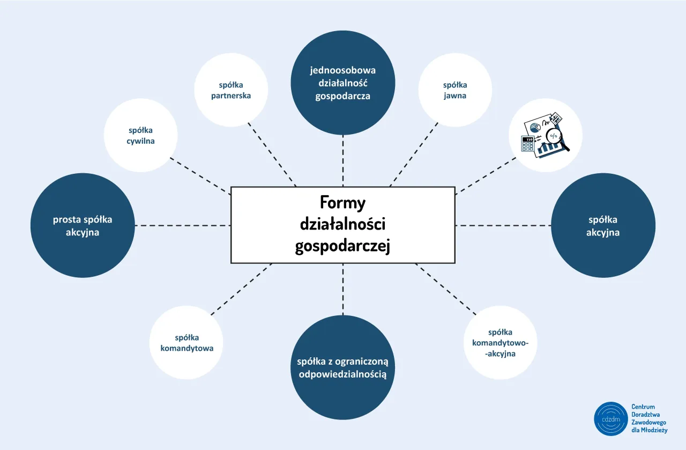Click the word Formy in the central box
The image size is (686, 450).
[342, 203]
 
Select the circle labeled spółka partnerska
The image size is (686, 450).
[231, 90]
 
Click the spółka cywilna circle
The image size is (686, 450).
[140, 135]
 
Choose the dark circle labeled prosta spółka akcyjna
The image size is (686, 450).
[83, 225]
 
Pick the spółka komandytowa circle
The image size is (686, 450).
[187, 342]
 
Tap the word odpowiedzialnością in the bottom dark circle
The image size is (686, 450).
[342, 374]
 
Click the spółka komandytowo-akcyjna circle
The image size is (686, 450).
[500, 342]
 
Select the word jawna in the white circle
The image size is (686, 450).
[455, 95]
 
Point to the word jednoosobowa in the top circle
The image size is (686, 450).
[342, 70]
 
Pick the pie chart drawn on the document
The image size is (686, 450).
[534, 128]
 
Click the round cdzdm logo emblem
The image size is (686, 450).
[610, 419]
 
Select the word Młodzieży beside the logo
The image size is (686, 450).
[654, 430]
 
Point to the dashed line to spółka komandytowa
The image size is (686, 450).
[241, 289]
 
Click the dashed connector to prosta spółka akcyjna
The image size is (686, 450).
[182, 225]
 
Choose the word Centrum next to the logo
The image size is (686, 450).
[643, 407]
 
